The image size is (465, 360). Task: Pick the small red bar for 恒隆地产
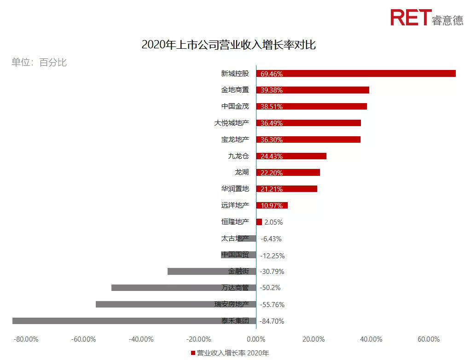259,222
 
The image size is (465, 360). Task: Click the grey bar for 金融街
198,272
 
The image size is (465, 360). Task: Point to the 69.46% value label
272,74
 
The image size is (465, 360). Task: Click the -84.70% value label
272,321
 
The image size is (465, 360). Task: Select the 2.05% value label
273,222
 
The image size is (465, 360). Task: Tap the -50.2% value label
270,288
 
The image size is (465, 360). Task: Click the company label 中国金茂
235,106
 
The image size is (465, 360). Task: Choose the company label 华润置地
235,189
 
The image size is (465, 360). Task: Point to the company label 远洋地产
235,205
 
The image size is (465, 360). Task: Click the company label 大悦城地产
232,123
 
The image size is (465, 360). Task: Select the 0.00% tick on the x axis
256,340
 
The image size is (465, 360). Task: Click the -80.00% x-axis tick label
26,340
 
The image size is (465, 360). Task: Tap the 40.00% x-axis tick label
371,340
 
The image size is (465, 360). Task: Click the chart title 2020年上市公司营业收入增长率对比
228,45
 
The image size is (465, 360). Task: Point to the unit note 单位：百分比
39,63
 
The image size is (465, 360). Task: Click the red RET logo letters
411,17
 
